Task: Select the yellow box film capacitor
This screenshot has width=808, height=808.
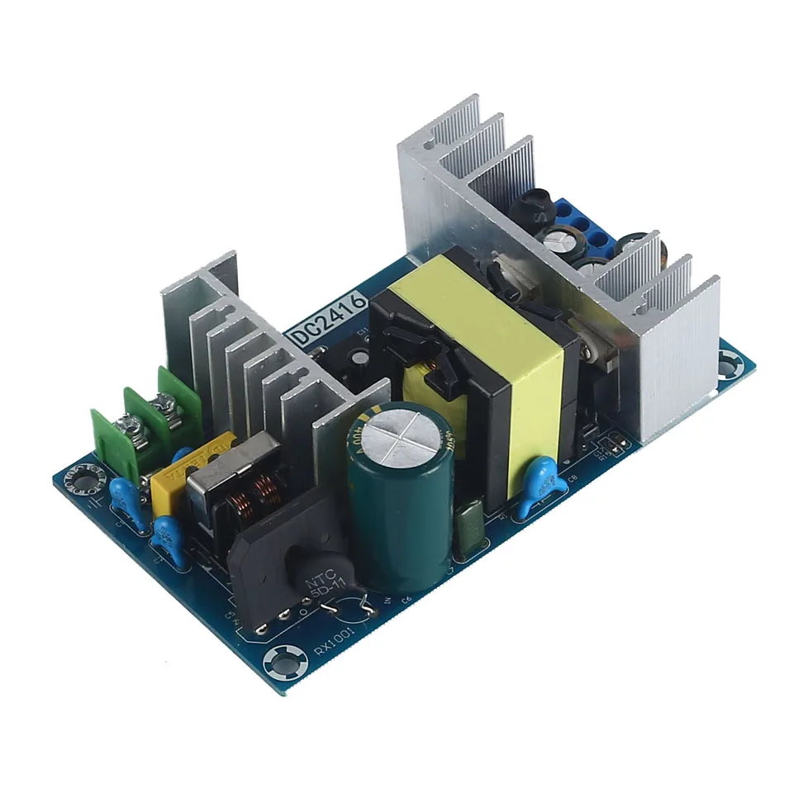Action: click(166, 487)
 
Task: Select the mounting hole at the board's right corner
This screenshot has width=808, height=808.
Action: click(730, 364)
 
